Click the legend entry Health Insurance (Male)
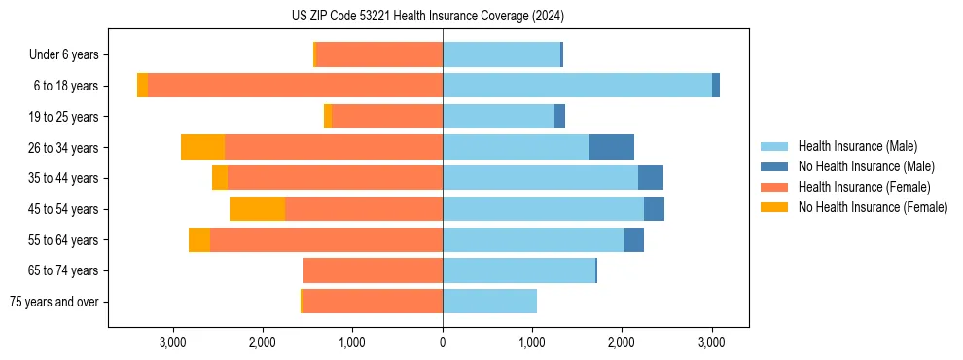pyautogui.click(x=857, y=146)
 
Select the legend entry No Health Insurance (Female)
pyautogui.click(x=873, y=207)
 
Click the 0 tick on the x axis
pyautogui.click(x=443, y=342)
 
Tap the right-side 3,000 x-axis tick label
pyautogui.click(x=711, y=342)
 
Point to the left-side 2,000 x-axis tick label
pyautogui.click(x=263, y=342)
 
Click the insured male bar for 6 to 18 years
pyautogui.click(x=577, y=86)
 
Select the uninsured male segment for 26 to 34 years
pyautogui.click(x=612, y=147)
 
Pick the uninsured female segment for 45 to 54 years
pyautogui.click(x=257, y=209)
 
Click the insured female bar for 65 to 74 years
pyautogui.click(x=373, y=270)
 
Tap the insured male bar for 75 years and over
pyautogui.click(x=489, y=302)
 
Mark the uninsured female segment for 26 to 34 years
pyautogui.click(x=202, y=147)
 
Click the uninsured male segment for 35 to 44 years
pyautogui.click(x=651, y=178)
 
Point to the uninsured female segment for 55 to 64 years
pyautogui.click(x=198, y=240)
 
